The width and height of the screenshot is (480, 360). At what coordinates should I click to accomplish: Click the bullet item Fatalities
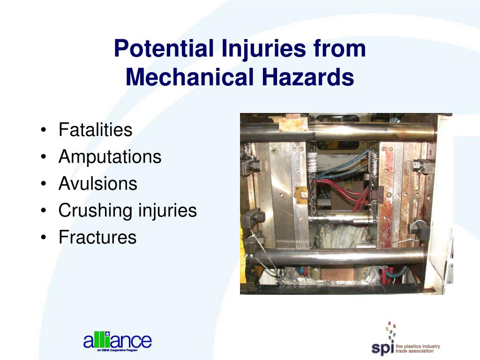95,130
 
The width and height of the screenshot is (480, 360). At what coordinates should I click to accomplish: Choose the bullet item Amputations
110,157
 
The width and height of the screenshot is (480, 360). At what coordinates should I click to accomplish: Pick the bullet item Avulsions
97,184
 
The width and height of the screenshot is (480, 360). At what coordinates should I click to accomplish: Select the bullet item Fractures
97,237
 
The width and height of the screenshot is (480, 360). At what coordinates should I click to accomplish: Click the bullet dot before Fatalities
44,131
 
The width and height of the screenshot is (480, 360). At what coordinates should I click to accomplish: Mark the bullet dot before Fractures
44,238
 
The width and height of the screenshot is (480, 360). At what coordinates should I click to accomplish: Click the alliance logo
117,341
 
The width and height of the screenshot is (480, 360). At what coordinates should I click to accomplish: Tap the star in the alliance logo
107,334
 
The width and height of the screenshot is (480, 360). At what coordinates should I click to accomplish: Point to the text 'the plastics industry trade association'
418,349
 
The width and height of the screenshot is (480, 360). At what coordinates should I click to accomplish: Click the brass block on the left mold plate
301,193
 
